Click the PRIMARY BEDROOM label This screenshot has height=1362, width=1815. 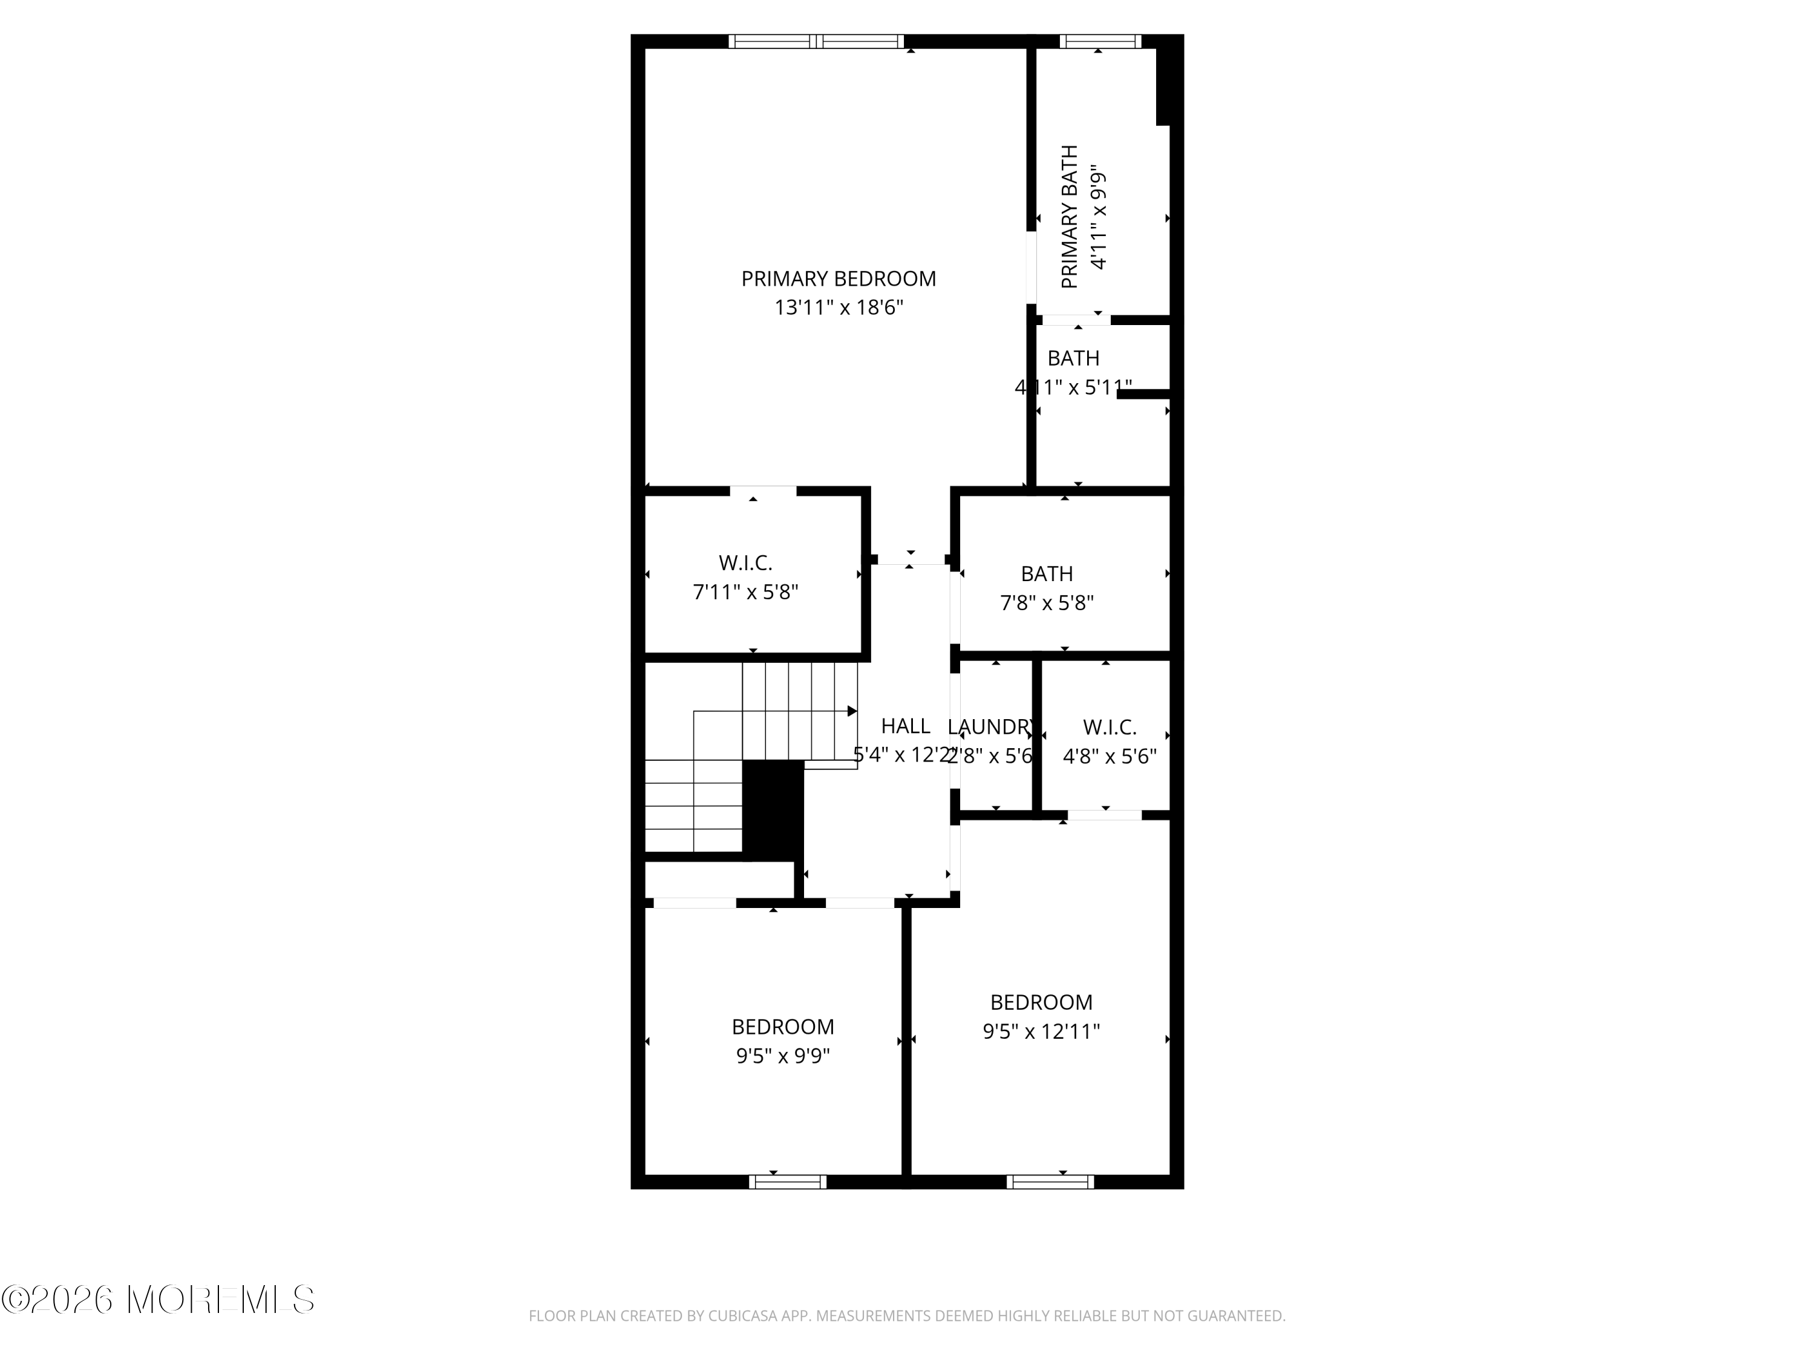point(838,279)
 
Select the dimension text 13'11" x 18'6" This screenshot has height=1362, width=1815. point(838,308)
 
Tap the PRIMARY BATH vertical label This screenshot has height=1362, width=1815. point(1069,217)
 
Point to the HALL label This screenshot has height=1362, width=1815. point(905,726)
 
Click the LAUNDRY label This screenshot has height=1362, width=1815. point(990,726)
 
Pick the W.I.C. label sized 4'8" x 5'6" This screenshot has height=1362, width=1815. point(1110,728)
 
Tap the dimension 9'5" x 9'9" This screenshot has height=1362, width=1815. point(783,1056)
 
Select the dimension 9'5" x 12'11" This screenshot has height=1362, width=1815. point(1041,1031)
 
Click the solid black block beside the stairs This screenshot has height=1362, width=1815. point(772,809)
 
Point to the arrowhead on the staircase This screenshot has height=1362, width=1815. point(852,711)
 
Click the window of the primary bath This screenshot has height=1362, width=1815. point(1099,41)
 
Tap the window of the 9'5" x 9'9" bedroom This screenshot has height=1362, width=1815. point(787,1182)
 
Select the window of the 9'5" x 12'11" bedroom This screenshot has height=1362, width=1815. point(1050,1182)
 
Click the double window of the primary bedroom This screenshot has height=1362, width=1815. point(816,41)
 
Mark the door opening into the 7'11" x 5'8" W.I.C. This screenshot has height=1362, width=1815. point(762,491)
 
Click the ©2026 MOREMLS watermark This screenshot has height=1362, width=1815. point(157,1300)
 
